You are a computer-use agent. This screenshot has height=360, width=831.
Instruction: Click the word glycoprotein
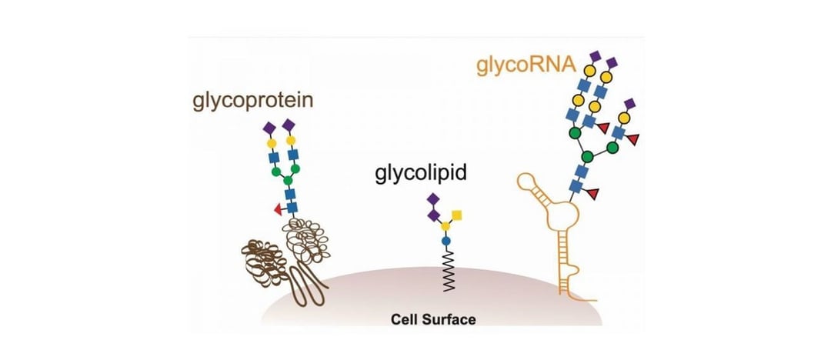[x=253, y=101]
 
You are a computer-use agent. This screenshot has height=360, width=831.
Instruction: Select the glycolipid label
[x=421, y=174]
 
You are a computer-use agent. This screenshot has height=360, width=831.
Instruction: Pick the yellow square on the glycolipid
[x=457, y=214]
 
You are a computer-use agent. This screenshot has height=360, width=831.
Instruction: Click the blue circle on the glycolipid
[x=445, y=241]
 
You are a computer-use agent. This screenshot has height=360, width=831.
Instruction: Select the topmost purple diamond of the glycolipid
[x=432, y=200]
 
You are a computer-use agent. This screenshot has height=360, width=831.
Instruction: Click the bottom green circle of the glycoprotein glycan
[x=290, y=182]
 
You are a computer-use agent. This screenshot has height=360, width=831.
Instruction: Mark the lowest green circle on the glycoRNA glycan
[x=586, y=158]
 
